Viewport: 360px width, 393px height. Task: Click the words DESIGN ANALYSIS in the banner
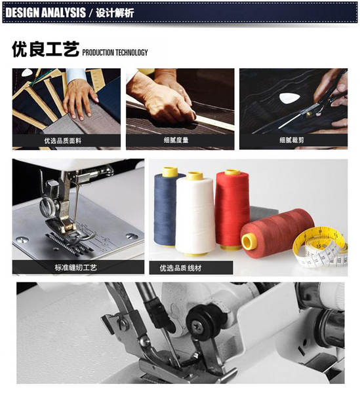45,12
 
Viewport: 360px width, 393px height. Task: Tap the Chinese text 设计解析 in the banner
115,12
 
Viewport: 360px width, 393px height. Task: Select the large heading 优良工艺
45,49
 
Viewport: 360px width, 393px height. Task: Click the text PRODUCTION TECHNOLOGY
115,52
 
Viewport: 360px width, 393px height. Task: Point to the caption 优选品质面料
63,141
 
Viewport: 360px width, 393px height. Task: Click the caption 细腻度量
176,140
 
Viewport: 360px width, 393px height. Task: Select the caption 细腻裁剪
292,140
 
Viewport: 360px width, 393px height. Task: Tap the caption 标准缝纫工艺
76,268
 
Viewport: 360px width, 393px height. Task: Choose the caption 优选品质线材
180,268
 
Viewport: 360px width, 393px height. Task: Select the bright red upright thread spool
232,210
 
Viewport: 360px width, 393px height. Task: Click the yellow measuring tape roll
321,247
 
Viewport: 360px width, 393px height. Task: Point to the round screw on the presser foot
47,207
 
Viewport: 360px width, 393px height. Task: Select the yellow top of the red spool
232,172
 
